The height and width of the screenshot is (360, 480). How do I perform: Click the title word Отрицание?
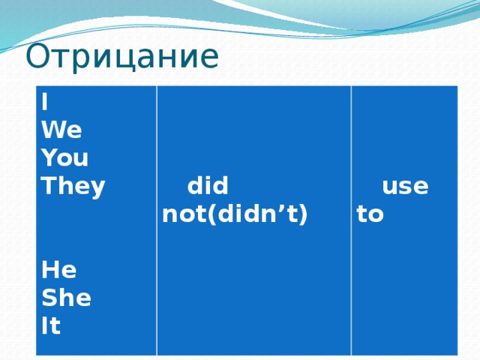pos(121,57)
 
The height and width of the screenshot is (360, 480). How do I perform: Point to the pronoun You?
pos(65,157)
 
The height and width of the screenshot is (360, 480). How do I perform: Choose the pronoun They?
pos(73,186)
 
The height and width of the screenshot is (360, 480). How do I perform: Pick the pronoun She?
pos(67,298)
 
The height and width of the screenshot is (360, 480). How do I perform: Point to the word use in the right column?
pos(405,185)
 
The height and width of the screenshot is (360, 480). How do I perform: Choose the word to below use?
pos(370,215)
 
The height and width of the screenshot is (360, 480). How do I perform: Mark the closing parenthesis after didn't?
pos(304,215)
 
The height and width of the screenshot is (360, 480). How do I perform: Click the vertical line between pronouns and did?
pos(157,217)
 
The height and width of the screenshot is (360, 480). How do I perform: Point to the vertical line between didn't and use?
pos(352,217)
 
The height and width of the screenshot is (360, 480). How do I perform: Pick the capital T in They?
pos(48,186)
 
